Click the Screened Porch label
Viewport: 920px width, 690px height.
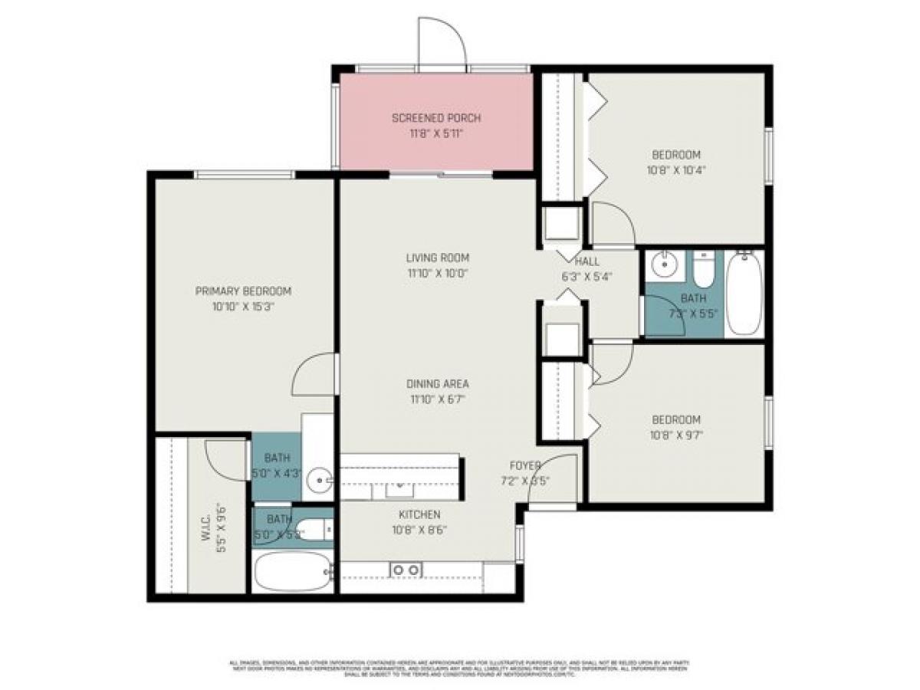click(436, 118)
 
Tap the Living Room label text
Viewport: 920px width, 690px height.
click(437, 258)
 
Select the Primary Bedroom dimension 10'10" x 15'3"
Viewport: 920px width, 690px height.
click(243, 306)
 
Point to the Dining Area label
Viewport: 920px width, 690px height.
click(437, 383)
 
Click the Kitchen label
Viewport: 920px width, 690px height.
click(419, 514)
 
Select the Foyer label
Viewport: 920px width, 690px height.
click(526, 466)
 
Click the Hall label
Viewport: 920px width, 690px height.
click(586, 261)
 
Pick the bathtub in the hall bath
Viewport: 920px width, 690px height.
click(742, 293)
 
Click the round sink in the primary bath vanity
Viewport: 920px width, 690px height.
click(318, 481)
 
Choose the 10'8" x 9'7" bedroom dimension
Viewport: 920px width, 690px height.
click(676, 434)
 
